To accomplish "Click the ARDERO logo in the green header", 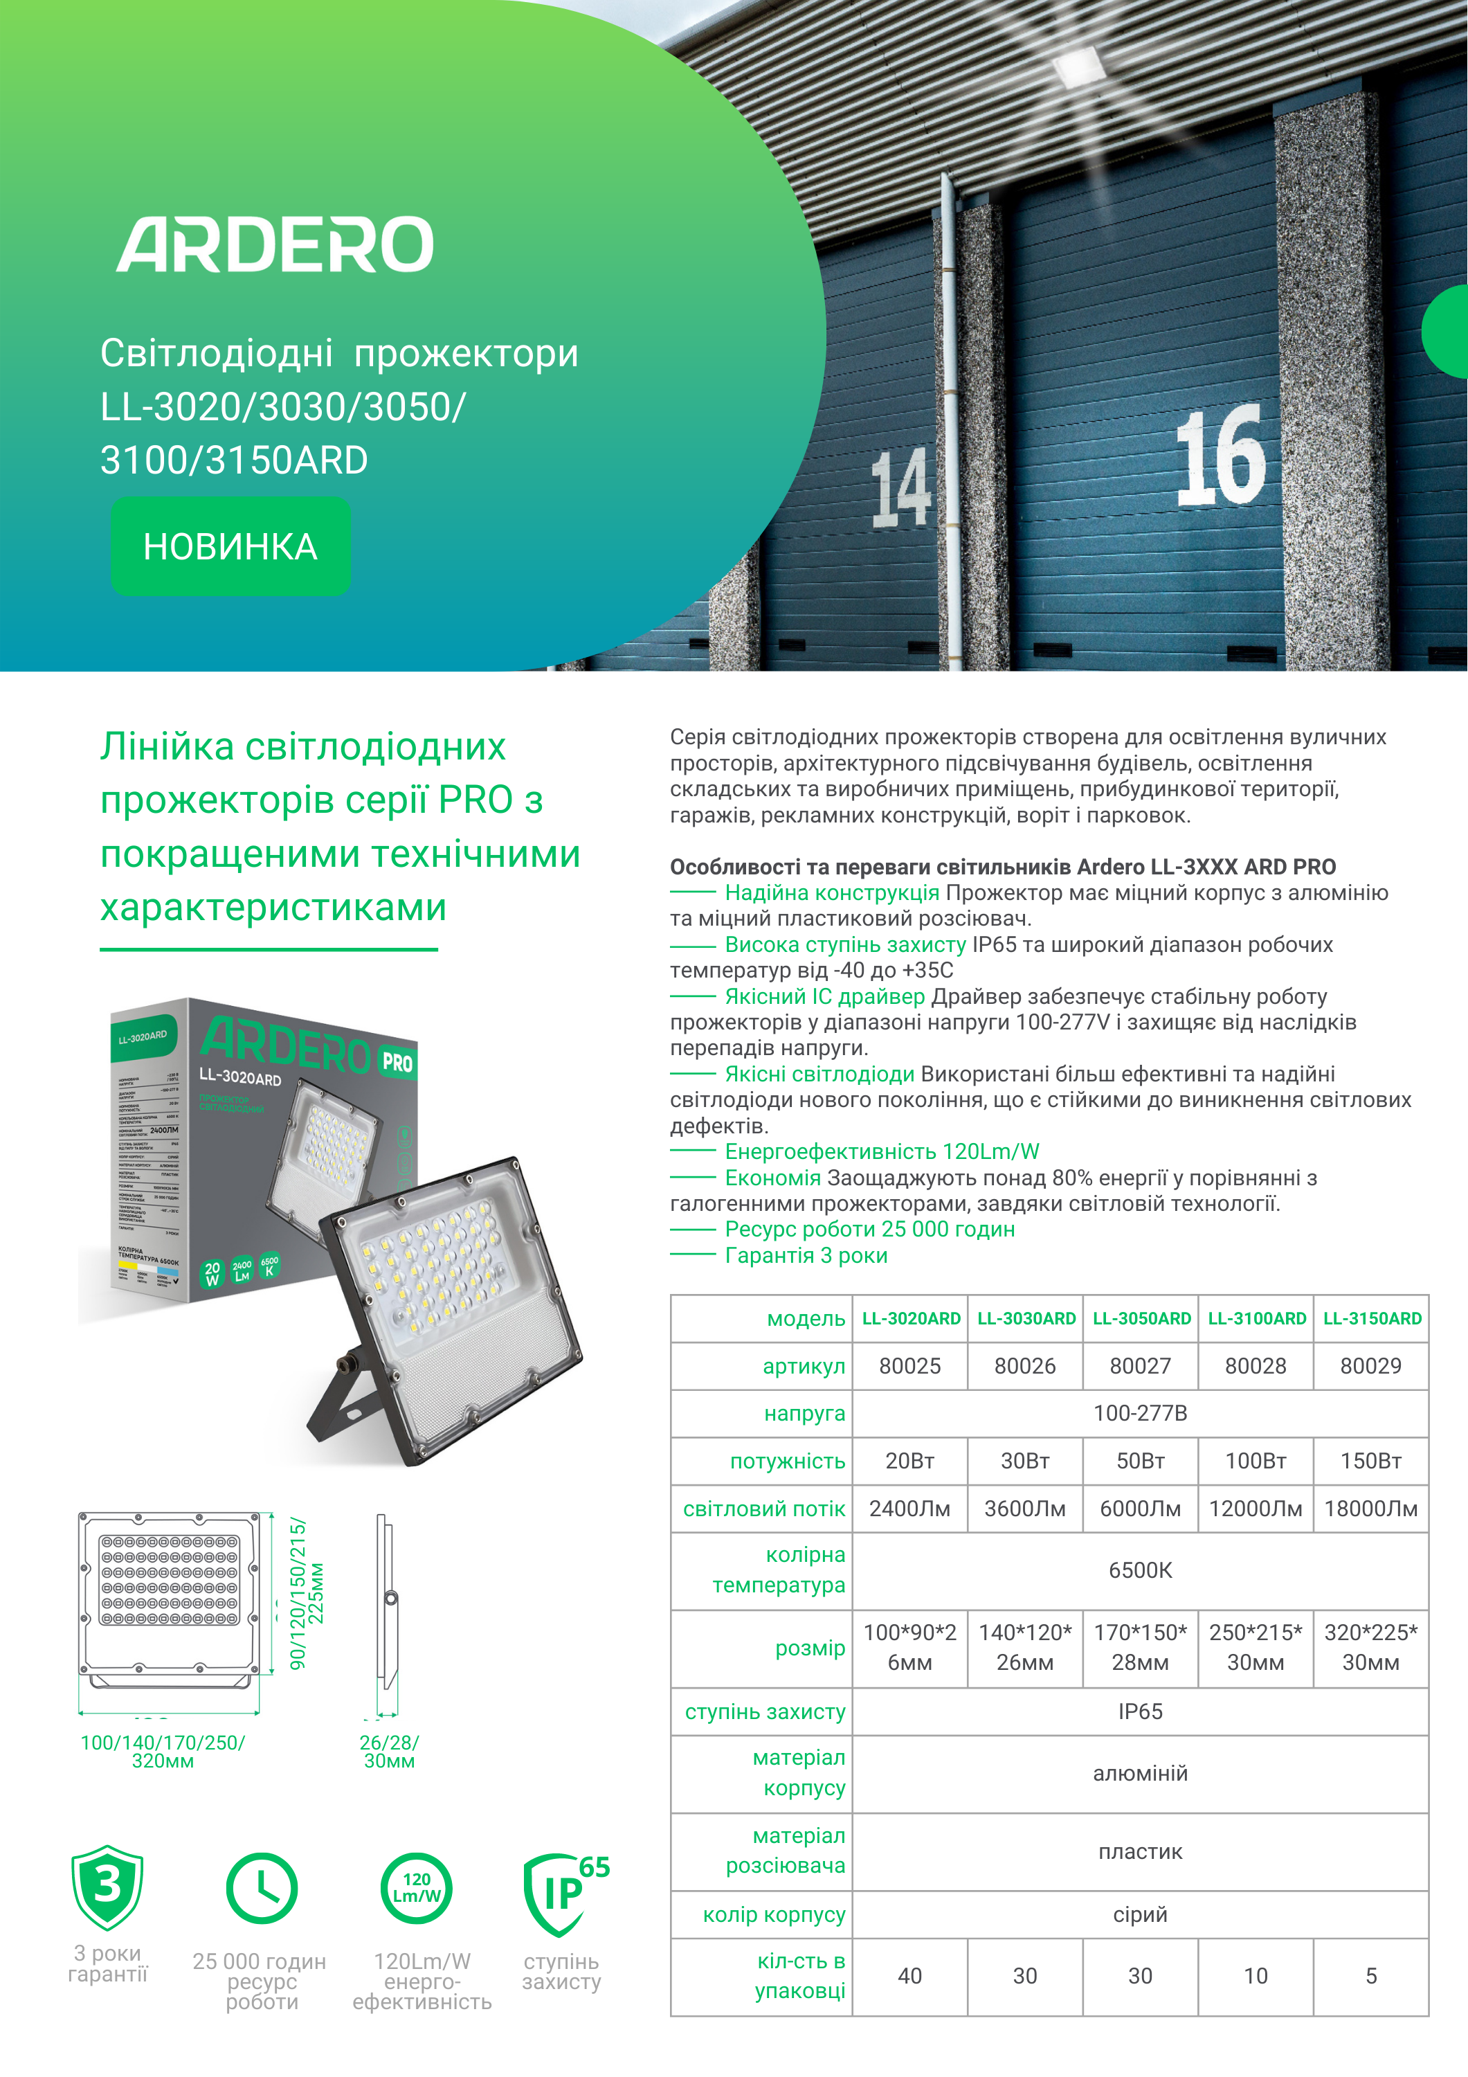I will (x=275, y=244).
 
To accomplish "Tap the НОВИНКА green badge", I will (x=230, y=546).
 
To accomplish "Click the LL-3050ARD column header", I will (x=1141, y=1318).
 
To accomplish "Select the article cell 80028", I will (x=1255, y=1366).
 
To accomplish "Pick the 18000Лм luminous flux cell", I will (x=1370, y=1509).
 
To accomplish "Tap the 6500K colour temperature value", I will (x=1140, y=1570).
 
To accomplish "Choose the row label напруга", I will (x=804, y=1413).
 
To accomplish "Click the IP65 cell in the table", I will (x=1140, y=1711).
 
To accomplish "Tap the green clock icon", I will (x=262, y=1889).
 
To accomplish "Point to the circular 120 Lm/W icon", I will (x=416, y=1888).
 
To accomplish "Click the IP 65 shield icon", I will (x=563, y=1891).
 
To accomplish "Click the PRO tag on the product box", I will (x=397, y=1062).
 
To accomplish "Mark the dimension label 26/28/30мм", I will (x=389, y=1752).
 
